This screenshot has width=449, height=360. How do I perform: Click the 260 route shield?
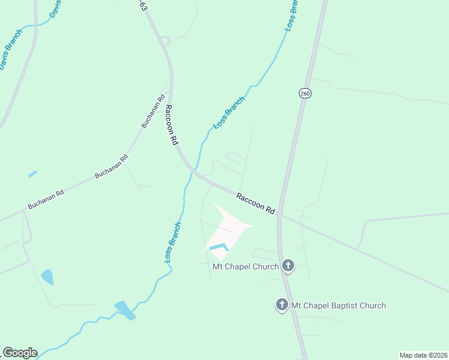[305, 94]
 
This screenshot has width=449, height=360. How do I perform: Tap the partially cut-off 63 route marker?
[143, 5]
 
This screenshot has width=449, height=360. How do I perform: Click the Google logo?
[20, 353]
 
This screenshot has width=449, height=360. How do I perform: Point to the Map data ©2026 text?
[423, 355]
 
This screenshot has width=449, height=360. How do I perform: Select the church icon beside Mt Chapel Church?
[288, 266]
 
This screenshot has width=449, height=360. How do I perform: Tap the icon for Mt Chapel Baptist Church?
[282, 305]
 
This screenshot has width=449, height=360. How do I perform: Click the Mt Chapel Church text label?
[246, 266]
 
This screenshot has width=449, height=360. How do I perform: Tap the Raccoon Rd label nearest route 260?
[256, 204]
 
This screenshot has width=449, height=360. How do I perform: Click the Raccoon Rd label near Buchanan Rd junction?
[172, 125]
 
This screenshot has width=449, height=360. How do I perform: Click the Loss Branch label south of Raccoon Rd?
[173, 242]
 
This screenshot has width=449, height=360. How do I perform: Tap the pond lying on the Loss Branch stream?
[125, 310]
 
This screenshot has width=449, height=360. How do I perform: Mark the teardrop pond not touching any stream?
[47, 277]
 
